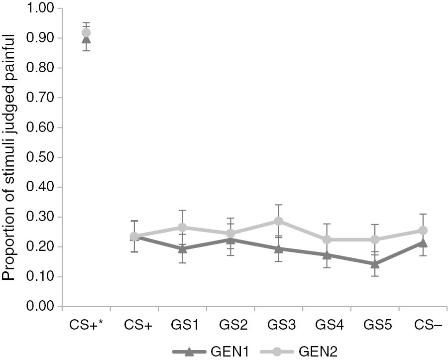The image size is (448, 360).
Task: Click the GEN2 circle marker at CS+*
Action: (x=86, y=33)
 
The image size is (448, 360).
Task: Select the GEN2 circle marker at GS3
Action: (x=278, y=221)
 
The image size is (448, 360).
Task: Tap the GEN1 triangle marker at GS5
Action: (x=375, y=264)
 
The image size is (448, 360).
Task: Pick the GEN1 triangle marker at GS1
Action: (x=183, y=248)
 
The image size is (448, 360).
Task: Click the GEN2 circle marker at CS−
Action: (x=423, y=231)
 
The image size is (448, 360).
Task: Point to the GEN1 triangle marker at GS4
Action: (x=327, y=255)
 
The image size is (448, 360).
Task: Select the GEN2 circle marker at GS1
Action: (x=183, y=228)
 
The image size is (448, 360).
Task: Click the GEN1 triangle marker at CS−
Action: (x=423, y=243)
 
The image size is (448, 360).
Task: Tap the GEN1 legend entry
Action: (x=202, y=352)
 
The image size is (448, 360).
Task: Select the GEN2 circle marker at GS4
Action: (x=327, y=240)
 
